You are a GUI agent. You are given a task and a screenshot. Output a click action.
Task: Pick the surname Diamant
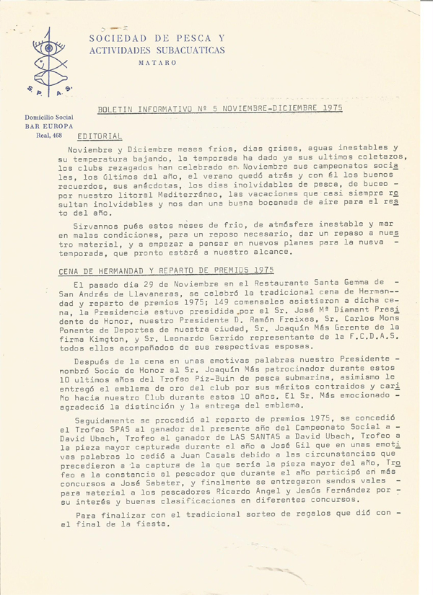click(346, 309)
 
